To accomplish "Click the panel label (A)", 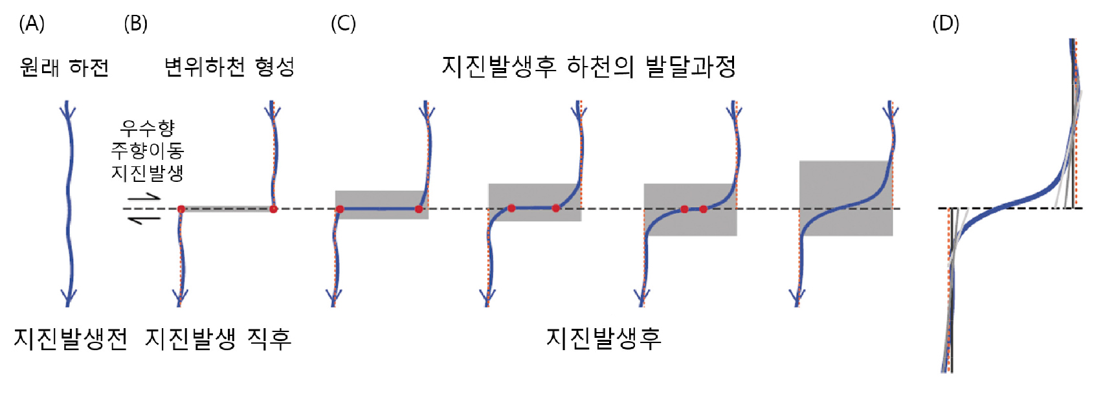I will click(32, 24).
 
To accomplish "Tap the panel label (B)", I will click(135, 24).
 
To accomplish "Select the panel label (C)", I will click(343, 24).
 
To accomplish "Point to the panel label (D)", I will click(946, 24).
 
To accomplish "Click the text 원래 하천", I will click(64, 67).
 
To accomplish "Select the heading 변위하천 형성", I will click(229, 67).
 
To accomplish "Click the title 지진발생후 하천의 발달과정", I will click(588, 67).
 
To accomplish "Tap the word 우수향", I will click(148, 128).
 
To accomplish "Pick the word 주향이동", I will click(148, 150).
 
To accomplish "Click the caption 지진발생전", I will click(71, 339).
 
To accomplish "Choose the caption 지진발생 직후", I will click(218, 339).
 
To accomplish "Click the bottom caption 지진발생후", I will click(603, 338).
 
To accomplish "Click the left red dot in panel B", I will click(181, 209).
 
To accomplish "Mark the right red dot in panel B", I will click(273, 209).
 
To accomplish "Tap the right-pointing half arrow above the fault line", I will click(144, 197).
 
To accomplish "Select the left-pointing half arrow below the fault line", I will click(144, 220).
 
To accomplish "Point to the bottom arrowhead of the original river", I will click(68, 298).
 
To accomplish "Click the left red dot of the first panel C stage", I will click(340, 209).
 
